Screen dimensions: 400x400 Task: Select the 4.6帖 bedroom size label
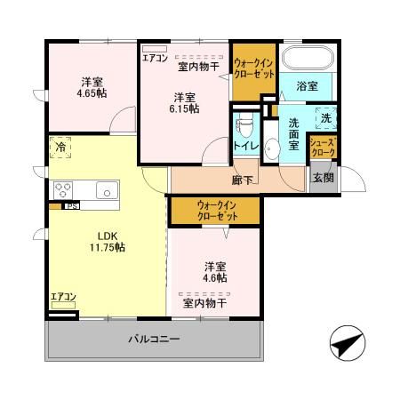[214, 278]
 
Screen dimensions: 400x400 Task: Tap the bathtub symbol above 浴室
[307, 60]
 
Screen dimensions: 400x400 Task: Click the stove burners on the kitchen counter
[65, 188]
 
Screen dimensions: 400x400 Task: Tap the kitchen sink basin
[106, 188]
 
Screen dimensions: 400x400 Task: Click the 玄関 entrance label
[323, 176]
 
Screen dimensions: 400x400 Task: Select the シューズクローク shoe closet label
[323, 148]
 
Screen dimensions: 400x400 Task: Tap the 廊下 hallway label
[244, 180]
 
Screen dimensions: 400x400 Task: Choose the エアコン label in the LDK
[62, 297]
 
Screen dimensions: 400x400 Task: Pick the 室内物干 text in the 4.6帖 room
[205, 303]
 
